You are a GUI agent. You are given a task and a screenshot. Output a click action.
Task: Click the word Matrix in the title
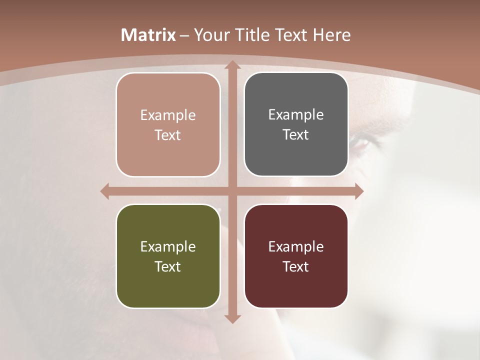[x=148, y=35]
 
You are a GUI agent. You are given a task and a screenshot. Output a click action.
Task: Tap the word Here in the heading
[x=331, y=35]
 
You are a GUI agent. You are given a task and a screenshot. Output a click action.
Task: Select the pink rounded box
[x=168, y=125]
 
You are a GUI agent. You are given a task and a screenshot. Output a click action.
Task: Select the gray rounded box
[x=296, y=124]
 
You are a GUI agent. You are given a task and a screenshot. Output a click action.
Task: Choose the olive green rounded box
[x=168, y=256]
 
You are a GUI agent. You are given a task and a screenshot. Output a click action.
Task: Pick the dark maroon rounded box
[x=296, y=256]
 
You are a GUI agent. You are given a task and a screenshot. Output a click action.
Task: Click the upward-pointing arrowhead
[x=232, y=65]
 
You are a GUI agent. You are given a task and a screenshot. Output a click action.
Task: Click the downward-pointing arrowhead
[x=232, y=318]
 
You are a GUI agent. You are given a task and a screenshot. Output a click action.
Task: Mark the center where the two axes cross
[x=232, y=191]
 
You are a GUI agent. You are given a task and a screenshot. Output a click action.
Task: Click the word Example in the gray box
[x=296, y=115]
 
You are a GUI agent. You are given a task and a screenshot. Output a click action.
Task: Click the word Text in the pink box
[x=168, y=135]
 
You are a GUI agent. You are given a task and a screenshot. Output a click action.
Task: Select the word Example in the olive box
[x=168, y=246]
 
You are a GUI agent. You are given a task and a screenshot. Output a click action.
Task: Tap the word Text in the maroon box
[x=296, y=267]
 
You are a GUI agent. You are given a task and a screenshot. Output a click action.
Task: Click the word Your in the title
[x=209, y=35]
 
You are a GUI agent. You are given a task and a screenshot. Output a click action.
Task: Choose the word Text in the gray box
[x=296, y=135]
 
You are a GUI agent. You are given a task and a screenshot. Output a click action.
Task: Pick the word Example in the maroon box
[x=296, y=246]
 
